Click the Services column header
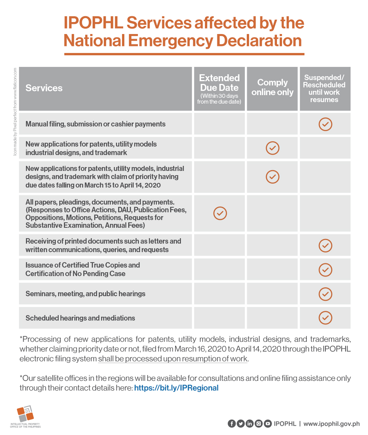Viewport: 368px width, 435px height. pyautogui.click(x=44, y=88)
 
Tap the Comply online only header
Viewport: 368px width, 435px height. pyautogui.click(x=272, y=87)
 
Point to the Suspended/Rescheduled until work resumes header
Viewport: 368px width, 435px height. pyautogui.click(x=324, y=89)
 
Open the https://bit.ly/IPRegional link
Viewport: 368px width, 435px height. pyautogui.click(x=176, y=388)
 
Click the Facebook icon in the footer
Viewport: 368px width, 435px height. pyautogui.click(x=232, y=424)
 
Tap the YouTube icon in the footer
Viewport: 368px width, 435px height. pyautogui.click(x=268, y=424)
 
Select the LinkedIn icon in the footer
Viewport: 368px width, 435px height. pyautogui.click(x=249, y=424)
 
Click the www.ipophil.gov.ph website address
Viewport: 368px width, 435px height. pyautogui.click(x=332, y=424)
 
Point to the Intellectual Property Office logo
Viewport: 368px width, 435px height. pyautogui.click(x=25, y=416)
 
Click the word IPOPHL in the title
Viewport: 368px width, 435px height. pyautogui.click(x=93, y=23)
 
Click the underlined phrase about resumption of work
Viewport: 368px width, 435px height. pyautogui.click(x=173, y=359)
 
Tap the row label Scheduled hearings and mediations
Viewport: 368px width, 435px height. pyautogui.click(x=80, y=318)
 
